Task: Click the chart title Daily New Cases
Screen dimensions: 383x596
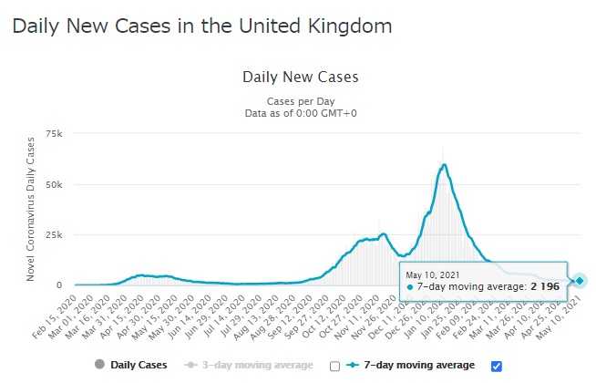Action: (301, 77)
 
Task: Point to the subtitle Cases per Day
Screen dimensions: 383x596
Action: (301, 100)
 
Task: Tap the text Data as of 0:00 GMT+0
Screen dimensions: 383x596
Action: (301, 113)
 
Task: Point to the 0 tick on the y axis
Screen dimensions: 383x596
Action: (59, 285)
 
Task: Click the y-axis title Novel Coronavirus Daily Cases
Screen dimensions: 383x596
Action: (31, 208)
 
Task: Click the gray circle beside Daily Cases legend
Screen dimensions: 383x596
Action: (99, 366)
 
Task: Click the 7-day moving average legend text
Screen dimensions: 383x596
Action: (418, 366)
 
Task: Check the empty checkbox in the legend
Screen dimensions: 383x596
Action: (334, 366)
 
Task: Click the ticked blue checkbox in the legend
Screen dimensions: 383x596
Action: (496, 366)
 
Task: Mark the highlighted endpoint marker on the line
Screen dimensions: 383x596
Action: (580, 280)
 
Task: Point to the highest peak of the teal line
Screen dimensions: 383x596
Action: (444, 165)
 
